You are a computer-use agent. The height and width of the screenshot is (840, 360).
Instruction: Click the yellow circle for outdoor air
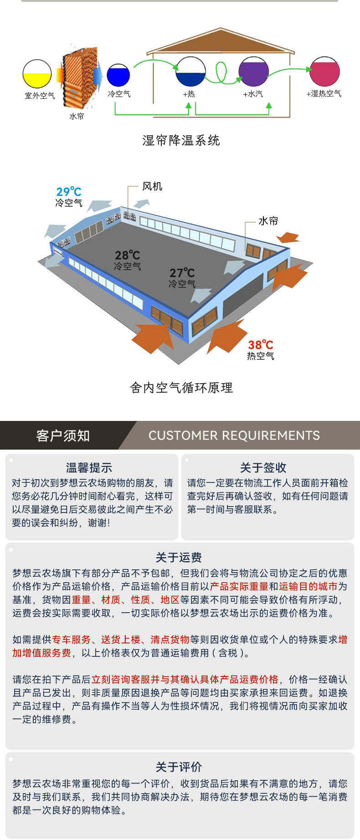pos(37,74)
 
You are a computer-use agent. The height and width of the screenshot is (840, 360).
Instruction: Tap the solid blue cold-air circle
pos(118,75)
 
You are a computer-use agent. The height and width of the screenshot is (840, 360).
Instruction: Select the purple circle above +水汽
pos(254,72)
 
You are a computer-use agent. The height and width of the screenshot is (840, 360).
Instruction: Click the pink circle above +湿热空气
pos(324,72)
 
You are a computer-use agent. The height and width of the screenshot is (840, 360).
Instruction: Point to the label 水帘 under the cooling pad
pos(77,116)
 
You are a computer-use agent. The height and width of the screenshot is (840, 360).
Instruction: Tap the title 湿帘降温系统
pos(181,140)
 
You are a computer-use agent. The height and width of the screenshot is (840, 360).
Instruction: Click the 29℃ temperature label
pos(69,192)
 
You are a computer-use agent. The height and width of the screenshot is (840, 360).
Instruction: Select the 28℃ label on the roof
pos(127,255)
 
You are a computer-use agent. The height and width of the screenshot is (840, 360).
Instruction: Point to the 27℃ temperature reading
pos(182,273)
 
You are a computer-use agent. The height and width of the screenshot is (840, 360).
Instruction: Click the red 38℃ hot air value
pos(260,345)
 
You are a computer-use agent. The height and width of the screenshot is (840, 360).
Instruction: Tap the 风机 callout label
pos(152,186)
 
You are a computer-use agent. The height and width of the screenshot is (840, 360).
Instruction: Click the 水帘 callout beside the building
pos(268,221)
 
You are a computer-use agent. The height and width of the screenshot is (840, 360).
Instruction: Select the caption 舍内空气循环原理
pos(181,388)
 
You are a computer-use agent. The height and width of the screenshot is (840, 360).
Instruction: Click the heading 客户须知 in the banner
pos(63,436)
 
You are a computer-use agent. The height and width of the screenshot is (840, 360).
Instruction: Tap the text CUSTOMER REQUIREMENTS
pos(234,435)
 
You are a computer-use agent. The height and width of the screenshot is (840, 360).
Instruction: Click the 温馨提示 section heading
pos(89,468)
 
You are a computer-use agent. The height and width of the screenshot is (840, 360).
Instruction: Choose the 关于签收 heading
pos(263,468)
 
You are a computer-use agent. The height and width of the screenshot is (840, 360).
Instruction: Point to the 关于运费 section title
pos(179,558)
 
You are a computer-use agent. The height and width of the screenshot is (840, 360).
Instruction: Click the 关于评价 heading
pos(179,767)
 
